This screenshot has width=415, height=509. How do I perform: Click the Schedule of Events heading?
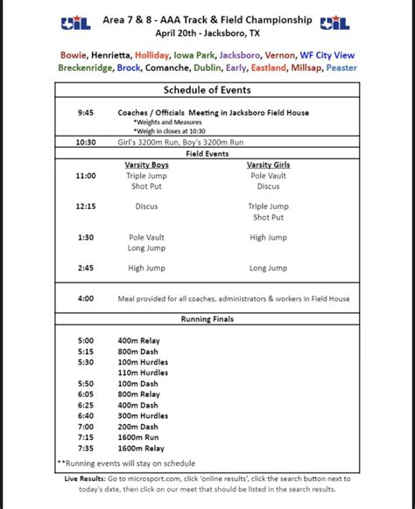pyautogui.click(x=207, y=90)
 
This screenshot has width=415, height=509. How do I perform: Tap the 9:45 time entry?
pyautogui.click(x=85, y=113)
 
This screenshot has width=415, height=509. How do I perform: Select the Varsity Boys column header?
pyautogui.click(x=147, y=164)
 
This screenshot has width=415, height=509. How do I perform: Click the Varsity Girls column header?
pyautogui.click(x=269, y=164)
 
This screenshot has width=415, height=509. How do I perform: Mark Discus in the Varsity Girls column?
pyautogui.click(x=269, y=185)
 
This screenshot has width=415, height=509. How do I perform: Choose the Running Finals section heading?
pyautogui.click(x=207, y=319)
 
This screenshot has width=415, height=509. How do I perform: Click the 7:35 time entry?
pyautogui.click(x=85, y=447)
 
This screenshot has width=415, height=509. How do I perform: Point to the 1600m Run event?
pyautogui.click(x=136, y=436)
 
